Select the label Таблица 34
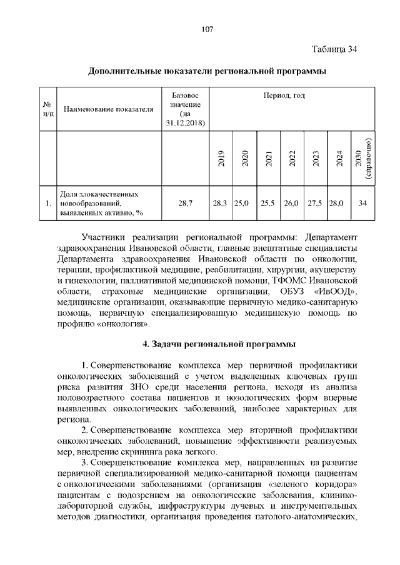[334, 49]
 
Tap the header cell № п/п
[47, 109]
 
